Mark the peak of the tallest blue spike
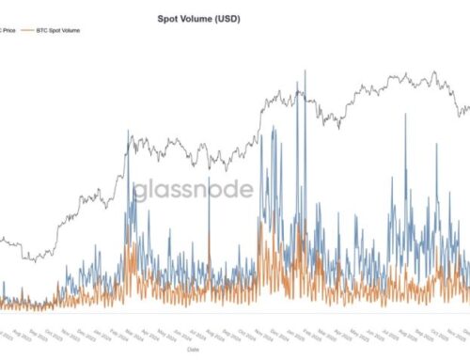point(305,71)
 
